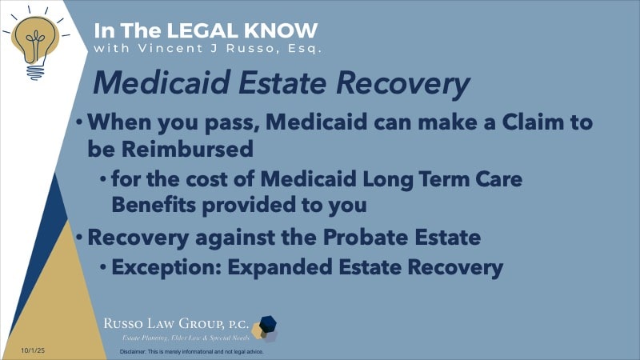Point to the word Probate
(x=342, y=238)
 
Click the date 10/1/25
(x=23, y=350)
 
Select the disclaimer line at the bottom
(x=191, y=351)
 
